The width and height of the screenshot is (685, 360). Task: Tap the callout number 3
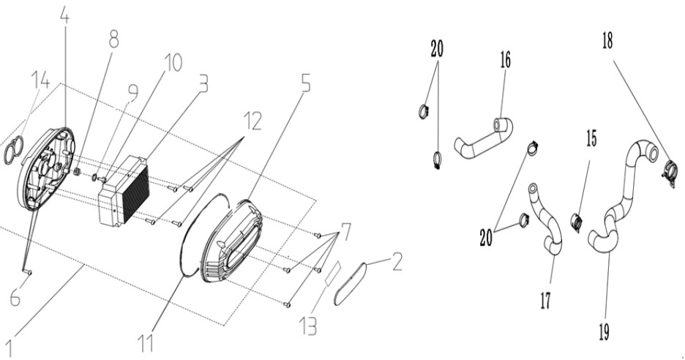[203, 83]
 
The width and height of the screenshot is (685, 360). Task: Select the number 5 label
[306, 83]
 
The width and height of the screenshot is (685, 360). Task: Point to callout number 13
[308, 326]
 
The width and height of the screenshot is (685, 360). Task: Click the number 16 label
[506, 60]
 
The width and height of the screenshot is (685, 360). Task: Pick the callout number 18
[607, 41]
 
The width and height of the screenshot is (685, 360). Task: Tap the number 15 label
[591, 138]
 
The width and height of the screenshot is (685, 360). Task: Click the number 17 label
[546, 301]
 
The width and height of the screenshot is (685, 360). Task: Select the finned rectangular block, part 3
[124, 190]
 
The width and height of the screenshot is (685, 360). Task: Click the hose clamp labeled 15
[577, 221]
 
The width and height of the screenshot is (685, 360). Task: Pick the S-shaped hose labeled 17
[546, 219]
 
